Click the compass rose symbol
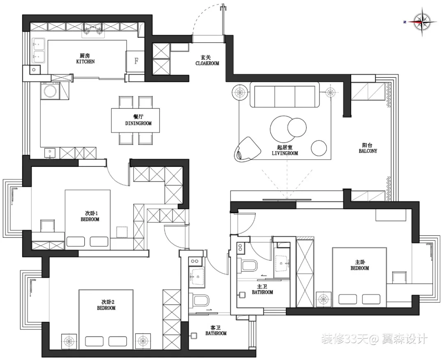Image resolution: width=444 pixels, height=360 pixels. point(422,21)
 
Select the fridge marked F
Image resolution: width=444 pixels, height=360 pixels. point(136,61)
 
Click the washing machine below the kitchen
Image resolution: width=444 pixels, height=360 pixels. point(51,91)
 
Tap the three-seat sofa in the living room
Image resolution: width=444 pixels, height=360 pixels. point(284,95)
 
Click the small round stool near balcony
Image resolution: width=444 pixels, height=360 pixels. point(319,148)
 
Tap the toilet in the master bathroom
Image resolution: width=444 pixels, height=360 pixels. point(250,266)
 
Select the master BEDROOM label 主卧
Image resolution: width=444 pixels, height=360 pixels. point(360,265)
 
